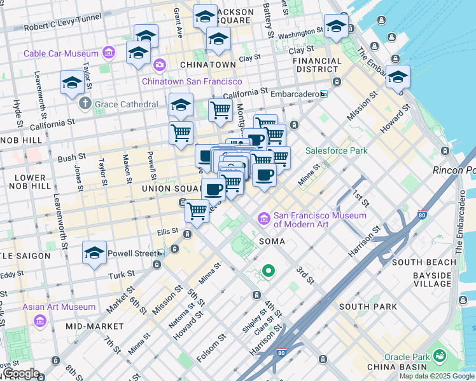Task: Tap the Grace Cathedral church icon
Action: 83,104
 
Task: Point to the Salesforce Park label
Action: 337,151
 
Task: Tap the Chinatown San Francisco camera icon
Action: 159,65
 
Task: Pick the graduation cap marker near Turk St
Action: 94,253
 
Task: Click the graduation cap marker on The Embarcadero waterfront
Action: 398,77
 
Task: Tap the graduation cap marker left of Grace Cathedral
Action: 72,83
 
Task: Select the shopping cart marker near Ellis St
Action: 197,210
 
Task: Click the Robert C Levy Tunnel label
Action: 62,28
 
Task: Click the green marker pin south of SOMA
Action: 269,271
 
